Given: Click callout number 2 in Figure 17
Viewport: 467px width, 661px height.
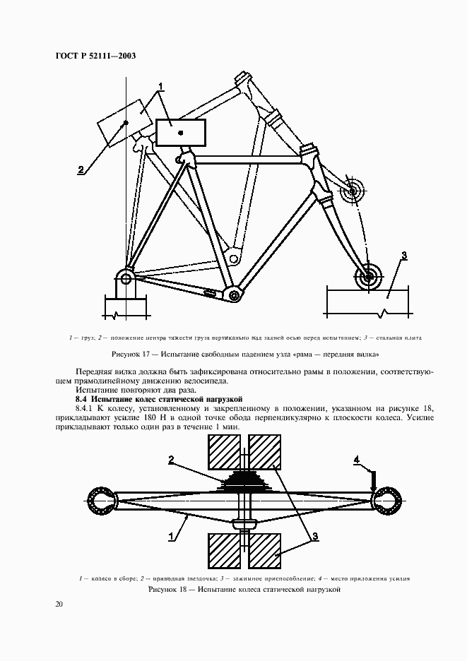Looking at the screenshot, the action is click(x=81, y=169).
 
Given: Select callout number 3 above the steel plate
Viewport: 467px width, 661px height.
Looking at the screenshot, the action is click(x=403, y=256).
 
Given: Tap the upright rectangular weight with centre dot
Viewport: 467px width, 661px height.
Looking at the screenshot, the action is click(x=181, y=132).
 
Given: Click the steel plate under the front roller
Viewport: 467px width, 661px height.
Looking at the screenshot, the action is click(x=367, y=300).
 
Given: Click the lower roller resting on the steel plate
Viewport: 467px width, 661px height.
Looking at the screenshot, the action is click(x=367, y=277).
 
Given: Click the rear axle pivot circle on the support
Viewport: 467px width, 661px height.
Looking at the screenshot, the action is click(x=126, y=278).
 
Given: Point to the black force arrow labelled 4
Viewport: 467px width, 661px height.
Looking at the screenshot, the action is click(x=372, y=480).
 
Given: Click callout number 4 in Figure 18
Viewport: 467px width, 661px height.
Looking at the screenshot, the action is click(x=357, y=460).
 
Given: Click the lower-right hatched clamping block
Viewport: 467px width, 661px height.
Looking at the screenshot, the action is click(x=265, y=550).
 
